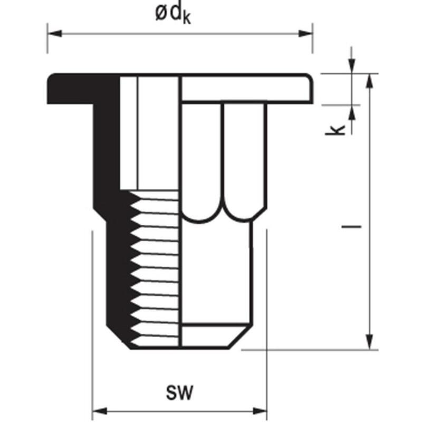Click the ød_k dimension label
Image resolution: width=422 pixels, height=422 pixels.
coord(173,14)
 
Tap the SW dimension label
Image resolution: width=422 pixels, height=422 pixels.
coord(179,392)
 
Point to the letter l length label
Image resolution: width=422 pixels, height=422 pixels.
coord(351,227)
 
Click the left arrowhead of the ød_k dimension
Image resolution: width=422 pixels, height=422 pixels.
coord(54,34)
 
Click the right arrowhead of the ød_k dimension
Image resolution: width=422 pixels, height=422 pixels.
coord(306,34)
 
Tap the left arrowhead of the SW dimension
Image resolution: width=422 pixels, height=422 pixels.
coord(100,411)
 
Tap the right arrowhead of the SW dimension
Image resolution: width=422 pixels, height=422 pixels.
coord(260,411)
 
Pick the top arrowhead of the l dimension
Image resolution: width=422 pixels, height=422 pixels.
coord(370,81)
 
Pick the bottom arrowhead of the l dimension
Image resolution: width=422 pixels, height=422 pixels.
coord(370,342)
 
